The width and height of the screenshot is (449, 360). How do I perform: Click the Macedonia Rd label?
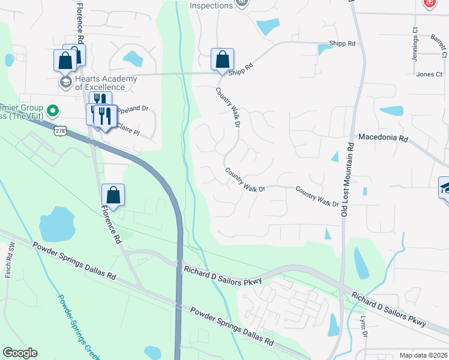383,137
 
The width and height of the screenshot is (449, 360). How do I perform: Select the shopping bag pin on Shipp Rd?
222,59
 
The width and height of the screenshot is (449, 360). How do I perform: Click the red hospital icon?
429,3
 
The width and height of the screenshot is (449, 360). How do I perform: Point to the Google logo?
20,353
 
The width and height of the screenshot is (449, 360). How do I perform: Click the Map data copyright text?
423,355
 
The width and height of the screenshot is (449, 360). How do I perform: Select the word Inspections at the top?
211,5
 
